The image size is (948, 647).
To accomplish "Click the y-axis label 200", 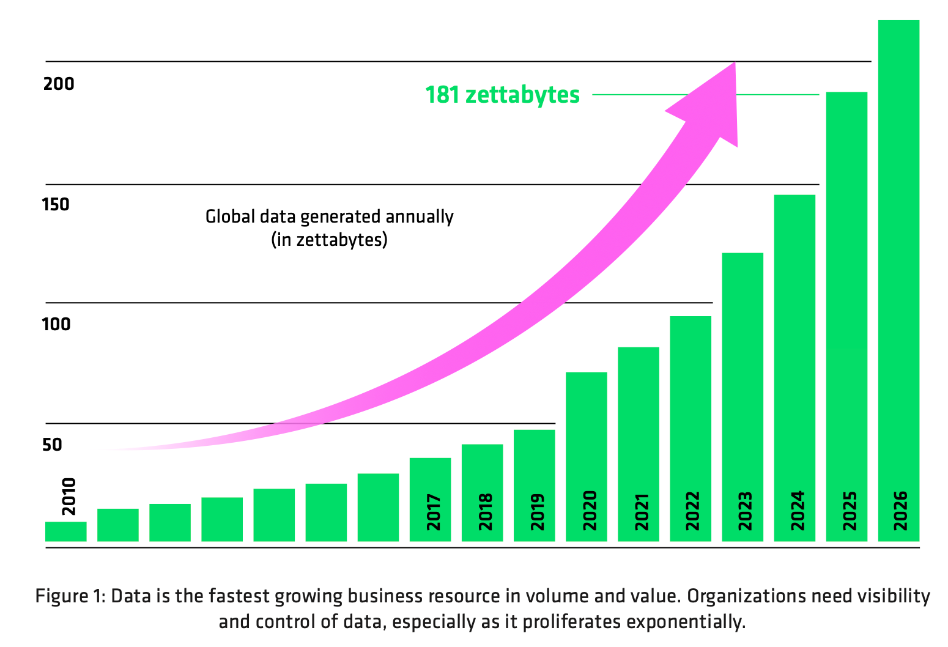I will [59, 84].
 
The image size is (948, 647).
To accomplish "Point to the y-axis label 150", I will [56, 204].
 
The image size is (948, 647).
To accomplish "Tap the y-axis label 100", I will [56, 324].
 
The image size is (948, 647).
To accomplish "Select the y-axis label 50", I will [53, 445].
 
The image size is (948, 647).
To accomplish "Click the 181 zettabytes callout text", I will [502, 95].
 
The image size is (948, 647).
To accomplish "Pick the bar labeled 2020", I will [586, 428].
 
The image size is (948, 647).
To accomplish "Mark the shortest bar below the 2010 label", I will [65, 531].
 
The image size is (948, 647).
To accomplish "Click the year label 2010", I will [69, 497].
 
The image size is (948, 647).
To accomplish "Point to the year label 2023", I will [745, 511].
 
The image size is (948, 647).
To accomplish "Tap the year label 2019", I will [537, 511].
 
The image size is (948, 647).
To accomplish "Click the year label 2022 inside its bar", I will [693, 511].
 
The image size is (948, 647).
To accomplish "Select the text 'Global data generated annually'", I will [329, 217].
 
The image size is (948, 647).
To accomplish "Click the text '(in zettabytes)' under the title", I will [329, 240].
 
